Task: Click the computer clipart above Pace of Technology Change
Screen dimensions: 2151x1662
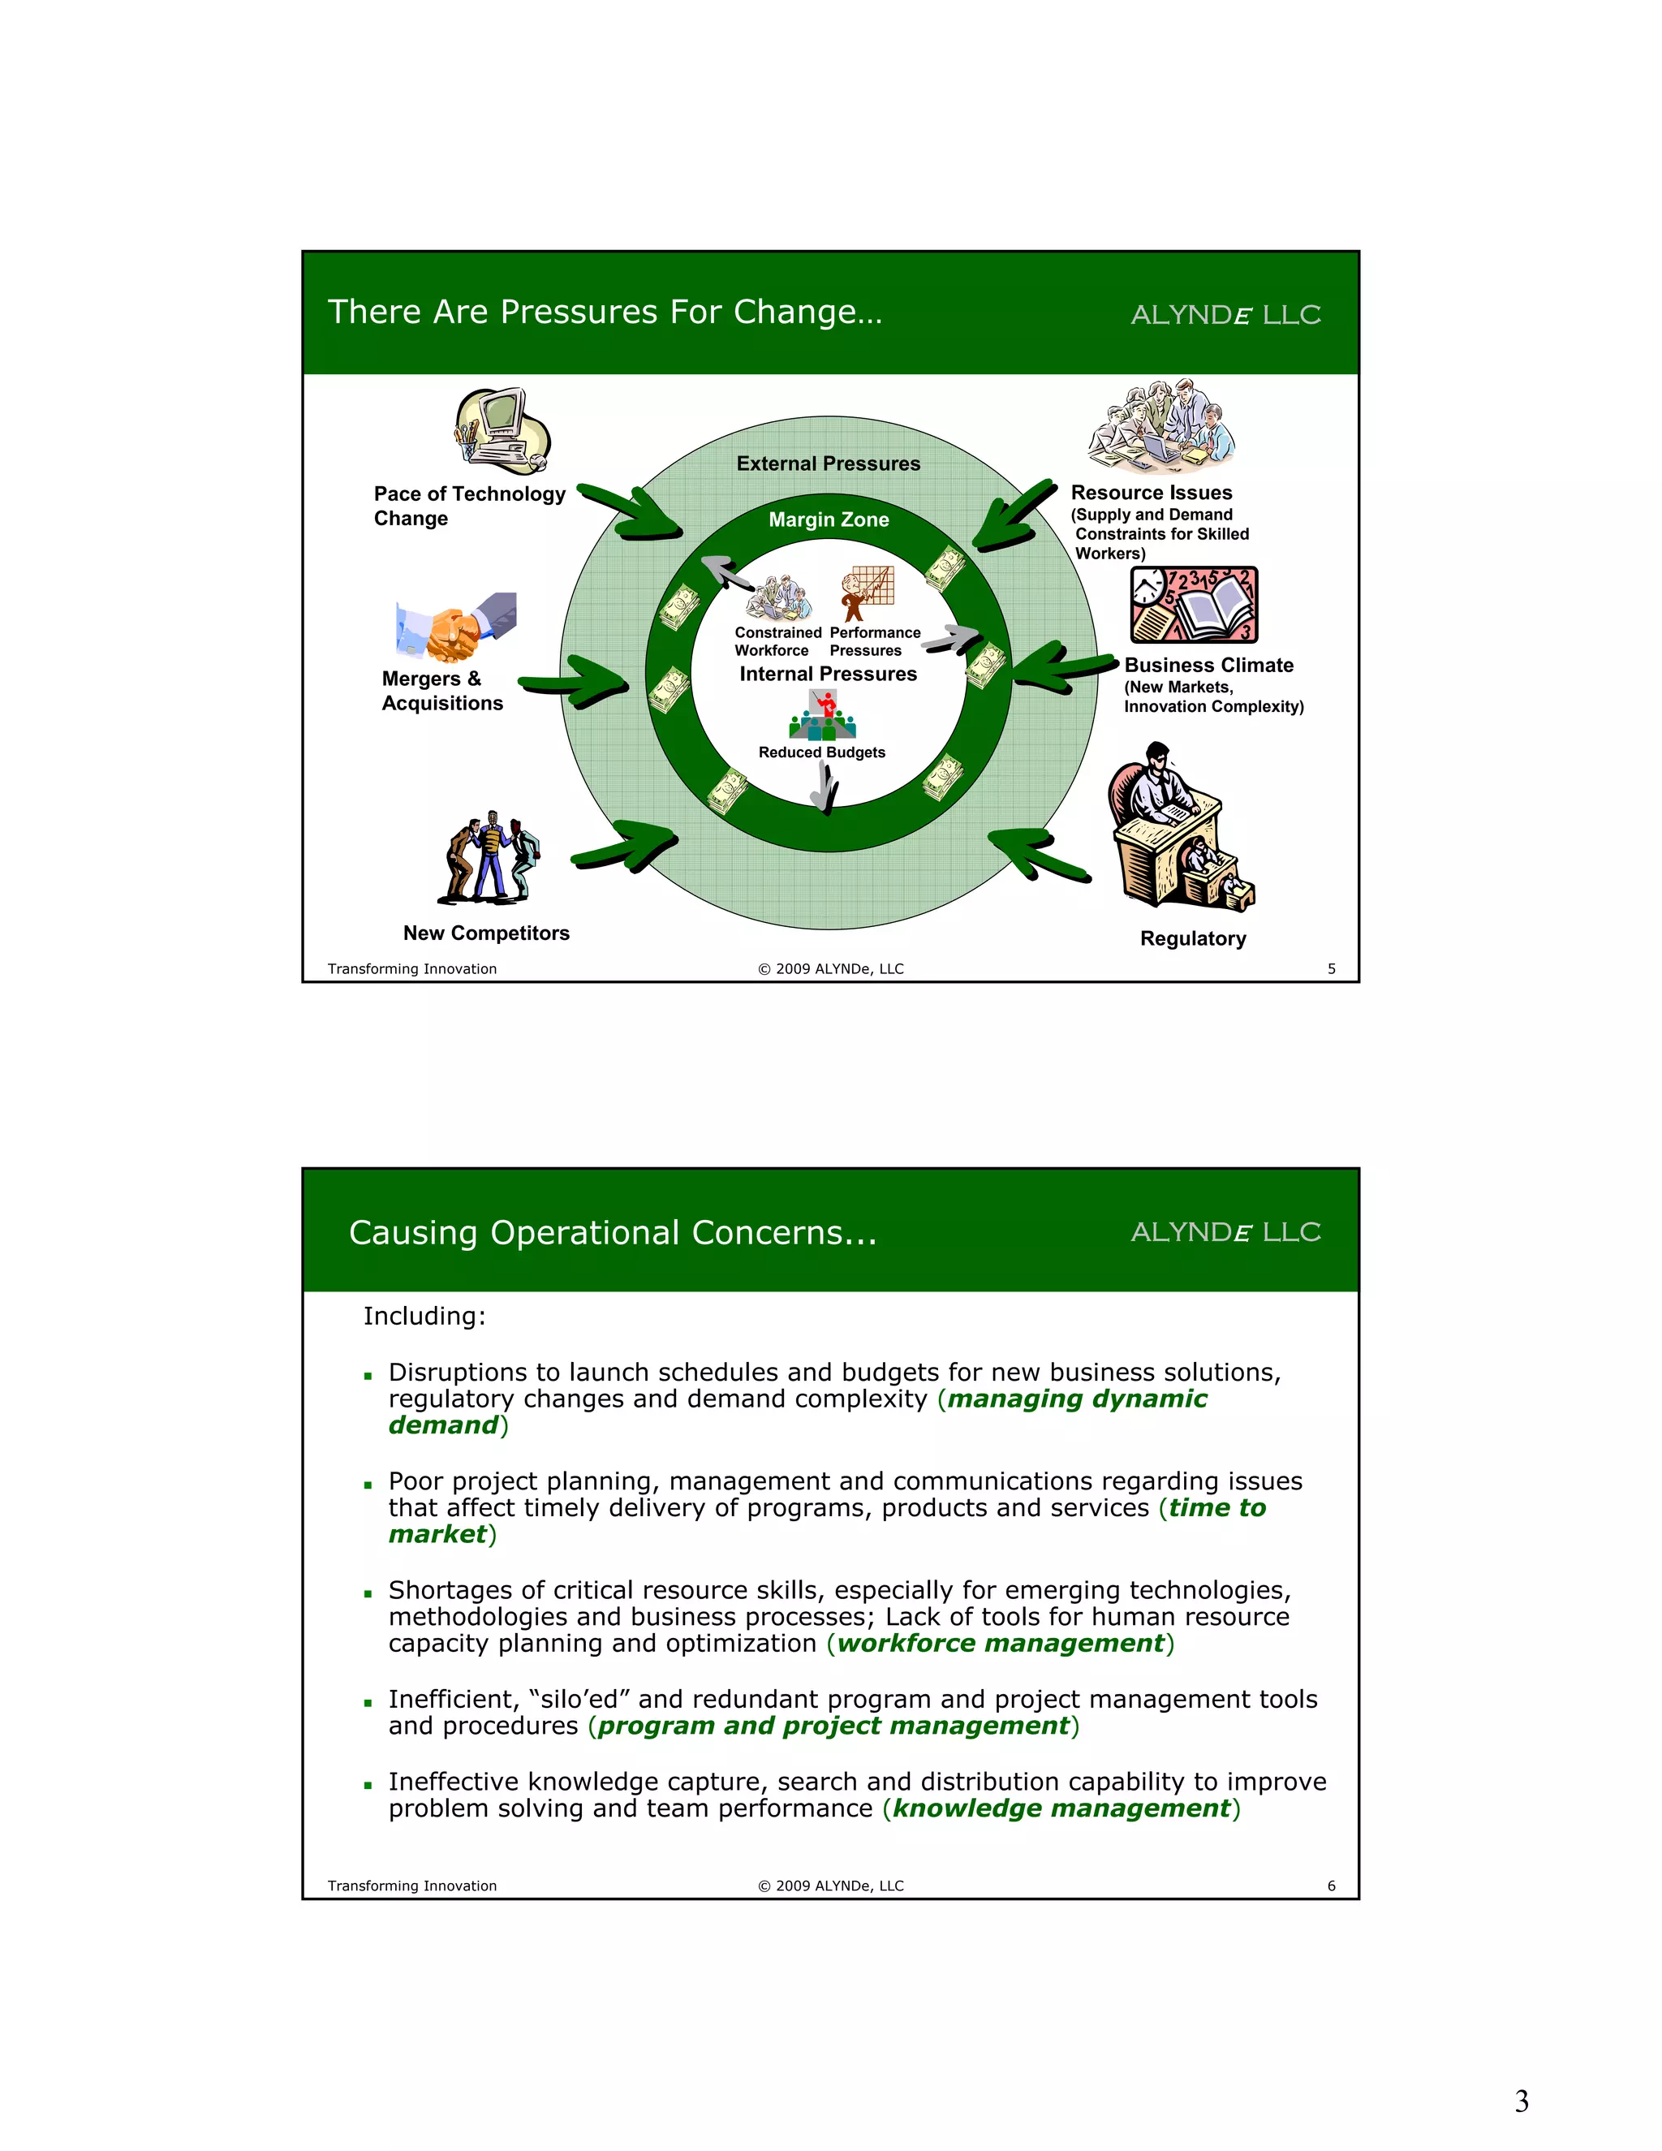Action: [502, 431]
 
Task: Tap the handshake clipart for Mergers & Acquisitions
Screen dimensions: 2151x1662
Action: [456, 627]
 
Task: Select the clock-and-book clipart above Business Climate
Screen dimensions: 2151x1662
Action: [1193, 605]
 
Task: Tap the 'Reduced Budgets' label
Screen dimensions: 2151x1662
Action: [821, 752]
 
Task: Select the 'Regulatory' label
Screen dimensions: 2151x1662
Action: [1192, 938]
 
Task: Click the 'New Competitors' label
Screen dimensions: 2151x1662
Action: [486, 933]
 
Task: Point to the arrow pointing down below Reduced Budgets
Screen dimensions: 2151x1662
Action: [826, 788]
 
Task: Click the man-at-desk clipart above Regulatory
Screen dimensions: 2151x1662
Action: [1178, 827]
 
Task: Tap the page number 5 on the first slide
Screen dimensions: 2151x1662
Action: [1331, 969]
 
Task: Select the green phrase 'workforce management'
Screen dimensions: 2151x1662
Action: [1001, 1643]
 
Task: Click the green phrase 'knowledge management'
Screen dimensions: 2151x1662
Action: [1061, 1808]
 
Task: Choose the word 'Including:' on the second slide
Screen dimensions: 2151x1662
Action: [424, 1317]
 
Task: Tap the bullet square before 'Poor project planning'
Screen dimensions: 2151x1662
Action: [368, 1485]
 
